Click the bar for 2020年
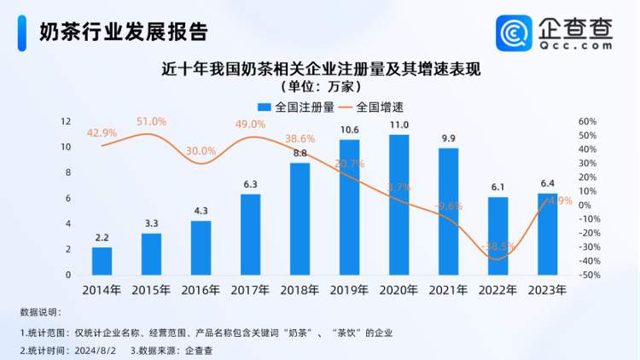tap(399, 205)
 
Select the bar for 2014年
tap(102, 261)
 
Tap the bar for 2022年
tap(498, 236)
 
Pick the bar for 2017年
tap(250, 235)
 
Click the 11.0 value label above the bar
tap(399, 125)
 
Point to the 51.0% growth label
tap(152, 122)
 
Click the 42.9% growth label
tap(102, 133)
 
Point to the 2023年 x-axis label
tap(547, 289)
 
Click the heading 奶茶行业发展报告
tap(123, 32)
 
